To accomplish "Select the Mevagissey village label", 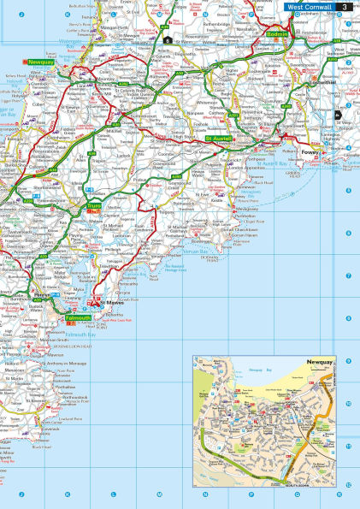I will tap(247, 207).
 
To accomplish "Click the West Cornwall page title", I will tap(308, 6).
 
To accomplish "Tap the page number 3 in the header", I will tap(344, 6).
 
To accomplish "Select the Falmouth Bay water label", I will tap(80, 335).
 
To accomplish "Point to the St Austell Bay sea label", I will tap(272, 162).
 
